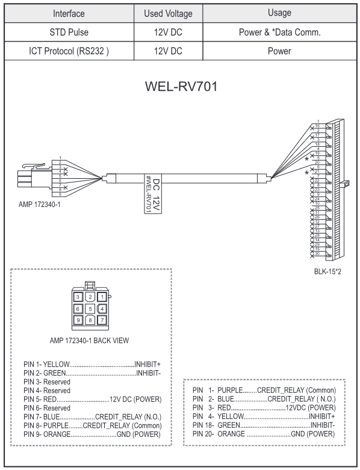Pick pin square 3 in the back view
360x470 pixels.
tap(78, 297)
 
